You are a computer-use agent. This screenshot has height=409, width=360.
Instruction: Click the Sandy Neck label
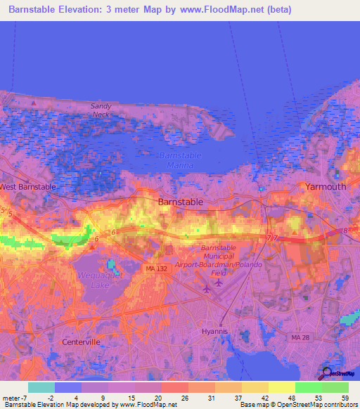click(101, 110)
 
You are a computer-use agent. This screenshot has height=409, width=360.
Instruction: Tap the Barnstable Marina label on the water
click(180, 160)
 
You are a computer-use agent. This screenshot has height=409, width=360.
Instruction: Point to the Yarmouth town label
click(326, 187)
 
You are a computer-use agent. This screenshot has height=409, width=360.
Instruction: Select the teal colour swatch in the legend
click(41, 387)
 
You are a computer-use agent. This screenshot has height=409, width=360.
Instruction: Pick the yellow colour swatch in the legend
click(281, 387)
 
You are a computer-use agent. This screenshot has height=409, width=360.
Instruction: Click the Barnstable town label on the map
click(181, 202)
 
